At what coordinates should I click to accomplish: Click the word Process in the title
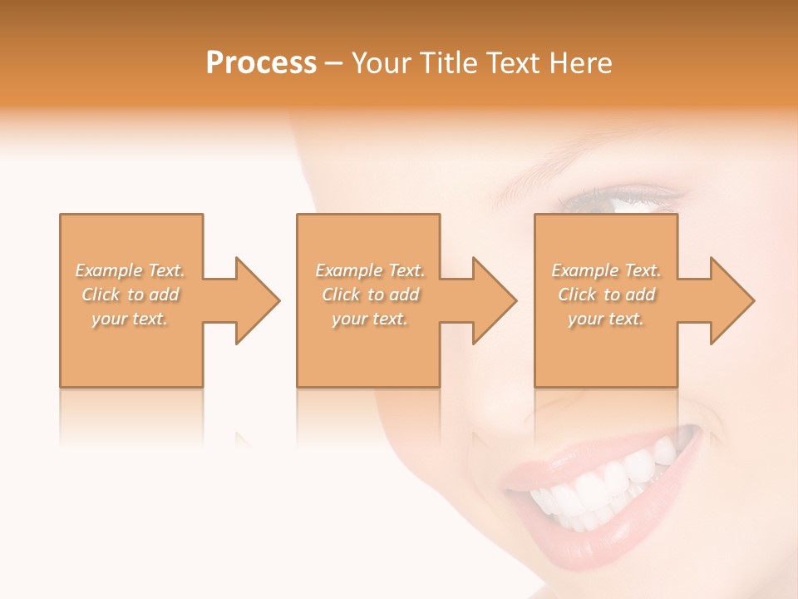261,62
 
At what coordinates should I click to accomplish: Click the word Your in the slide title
382,62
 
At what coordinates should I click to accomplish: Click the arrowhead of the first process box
256,300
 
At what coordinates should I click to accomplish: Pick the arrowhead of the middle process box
493,300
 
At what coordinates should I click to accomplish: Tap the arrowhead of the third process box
731,300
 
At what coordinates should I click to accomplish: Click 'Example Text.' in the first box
130,270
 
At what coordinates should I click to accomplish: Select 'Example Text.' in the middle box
370,270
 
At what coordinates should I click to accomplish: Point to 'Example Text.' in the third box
606,270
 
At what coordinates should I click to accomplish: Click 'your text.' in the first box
130,319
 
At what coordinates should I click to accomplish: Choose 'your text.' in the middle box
370,319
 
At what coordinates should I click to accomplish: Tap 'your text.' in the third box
606,319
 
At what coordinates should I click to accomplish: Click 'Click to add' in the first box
130,295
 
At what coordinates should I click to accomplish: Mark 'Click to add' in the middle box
370,295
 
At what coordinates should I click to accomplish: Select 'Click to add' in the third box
606,295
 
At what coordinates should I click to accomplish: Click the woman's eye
619,200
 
